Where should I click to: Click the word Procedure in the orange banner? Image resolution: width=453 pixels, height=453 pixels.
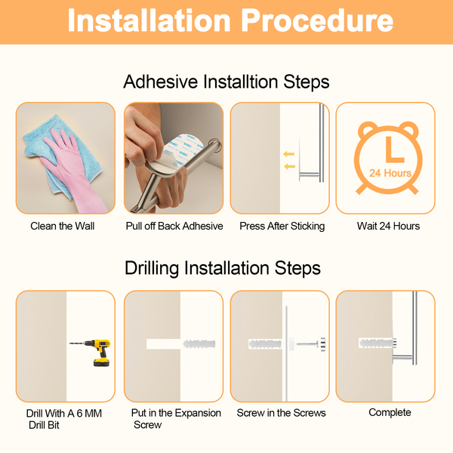[317, 21]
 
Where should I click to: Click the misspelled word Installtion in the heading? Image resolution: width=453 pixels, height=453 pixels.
[241, 82]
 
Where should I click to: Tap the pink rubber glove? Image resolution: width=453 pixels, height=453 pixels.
[72, 171]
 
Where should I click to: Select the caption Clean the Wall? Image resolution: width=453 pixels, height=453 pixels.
[63, 226]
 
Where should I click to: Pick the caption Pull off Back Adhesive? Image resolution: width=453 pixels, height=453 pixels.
[174, 226]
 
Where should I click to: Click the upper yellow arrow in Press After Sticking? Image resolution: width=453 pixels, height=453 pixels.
[288, 154]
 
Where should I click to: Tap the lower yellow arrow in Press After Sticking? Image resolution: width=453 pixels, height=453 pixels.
[289, 166]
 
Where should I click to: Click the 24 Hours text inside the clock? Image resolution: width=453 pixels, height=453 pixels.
[390, 173]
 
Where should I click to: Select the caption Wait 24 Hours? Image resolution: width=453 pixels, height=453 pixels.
[388, 226]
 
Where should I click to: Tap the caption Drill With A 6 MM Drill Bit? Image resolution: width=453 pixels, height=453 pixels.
[64, 419]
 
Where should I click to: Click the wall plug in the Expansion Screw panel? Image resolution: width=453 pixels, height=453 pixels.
[199, 344]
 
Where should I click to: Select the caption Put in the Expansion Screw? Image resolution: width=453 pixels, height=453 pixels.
[176, 418]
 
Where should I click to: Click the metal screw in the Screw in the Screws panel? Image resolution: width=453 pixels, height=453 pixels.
[311, 344]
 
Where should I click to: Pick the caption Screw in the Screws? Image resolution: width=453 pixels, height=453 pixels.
[281, 413]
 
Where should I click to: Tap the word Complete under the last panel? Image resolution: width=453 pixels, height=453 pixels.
[390, 412]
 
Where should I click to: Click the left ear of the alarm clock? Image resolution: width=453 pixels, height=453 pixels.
[366, 128]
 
